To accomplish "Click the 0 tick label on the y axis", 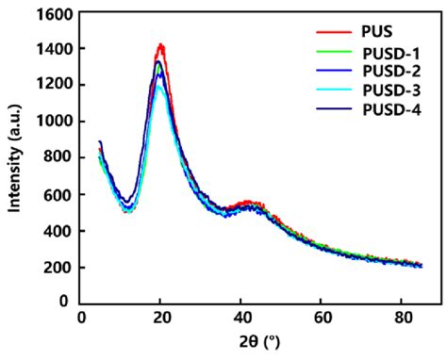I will (62, 303).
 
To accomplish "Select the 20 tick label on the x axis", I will (161, 317).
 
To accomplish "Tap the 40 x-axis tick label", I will (241, 317).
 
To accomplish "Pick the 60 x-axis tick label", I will (322, 317).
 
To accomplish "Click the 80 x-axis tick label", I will (402, 317).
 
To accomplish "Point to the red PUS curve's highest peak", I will (161, 44).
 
